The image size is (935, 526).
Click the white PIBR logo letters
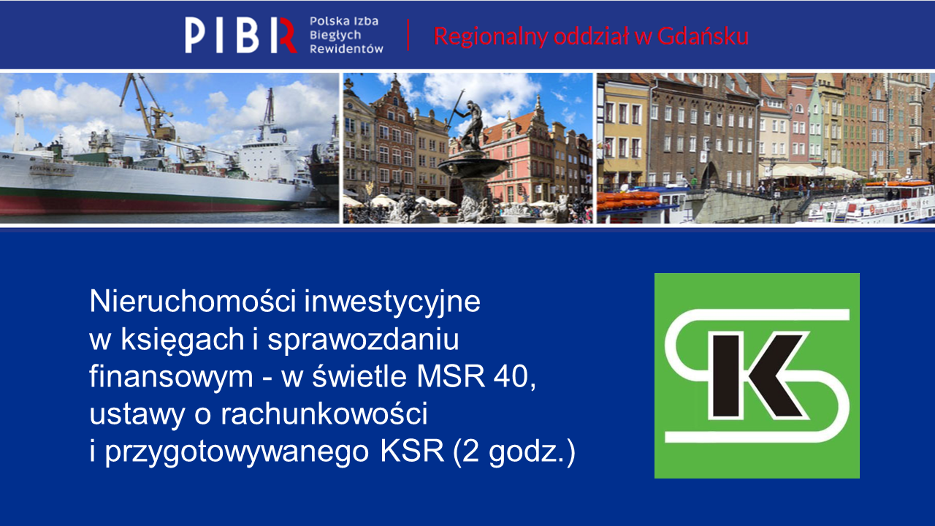[241, 35]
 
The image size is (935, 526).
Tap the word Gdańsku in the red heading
[703, 37]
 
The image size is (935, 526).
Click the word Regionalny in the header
[490, 37]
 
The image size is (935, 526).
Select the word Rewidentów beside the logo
[346, 49]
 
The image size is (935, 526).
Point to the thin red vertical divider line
[408, 35]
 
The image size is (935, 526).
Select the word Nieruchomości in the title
[193, 302]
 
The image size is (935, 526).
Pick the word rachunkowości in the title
[324, 413]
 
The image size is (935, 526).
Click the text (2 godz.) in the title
[514, 452]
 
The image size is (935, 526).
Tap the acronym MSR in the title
[451, 376]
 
